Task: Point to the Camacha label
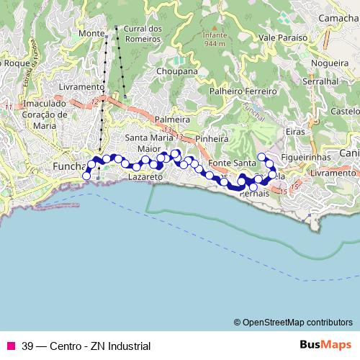tap(338, 17)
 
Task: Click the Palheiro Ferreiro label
tap(243, 92)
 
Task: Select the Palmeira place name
tap(171, 117)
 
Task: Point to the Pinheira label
tap(212, 137)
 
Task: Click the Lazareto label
tap(143, 176)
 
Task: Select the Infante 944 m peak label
tap(214, 39)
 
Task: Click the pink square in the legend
tap(10, 346)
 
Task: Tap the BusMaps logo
tap(324, 345)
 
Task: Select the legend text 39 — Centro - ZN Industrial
tap(86, 346)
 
